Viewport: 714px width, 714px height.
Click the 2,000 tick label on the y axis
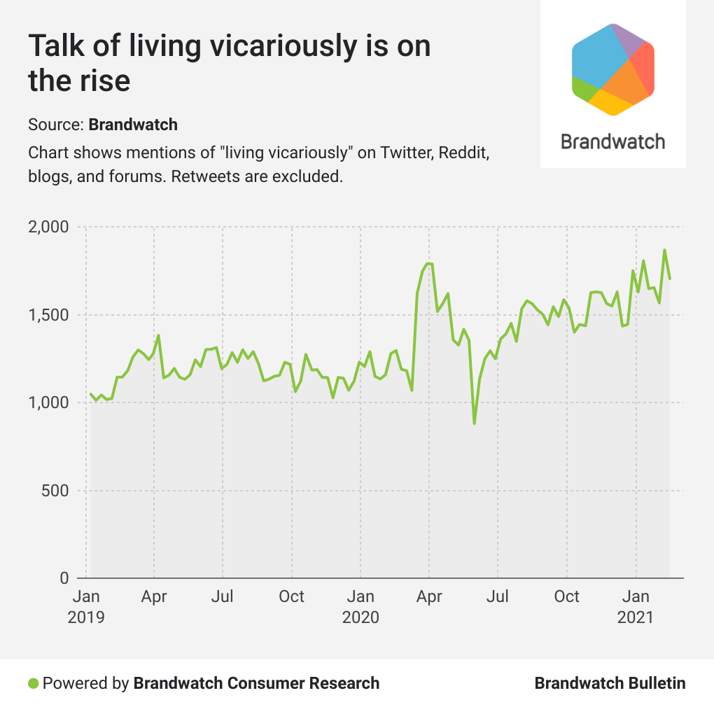48,227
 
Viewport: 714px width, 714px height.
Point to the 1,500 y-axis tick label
48,315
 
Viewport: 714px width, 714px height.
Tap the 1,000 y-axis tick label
48,402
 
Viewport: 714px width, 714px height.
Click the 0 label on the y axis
64,578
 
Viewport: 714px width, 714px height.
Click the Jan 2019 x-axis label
86,607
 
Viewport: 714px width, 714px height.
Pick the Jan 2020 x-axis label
360,607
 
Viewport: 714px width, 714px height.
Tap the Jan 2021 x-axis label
636,607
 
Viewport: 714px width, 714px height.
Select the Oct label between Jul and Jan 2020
291,596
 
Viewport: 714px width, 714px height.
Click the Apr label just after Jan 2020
429,596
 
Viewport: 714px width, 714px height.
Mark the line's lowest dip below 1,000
474,423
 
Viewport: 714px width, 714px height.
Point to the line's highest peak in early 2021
664,250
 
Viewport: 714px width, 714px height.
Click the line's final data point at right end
670,279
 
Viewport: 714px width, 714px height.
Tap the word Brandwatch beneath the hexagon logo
613,141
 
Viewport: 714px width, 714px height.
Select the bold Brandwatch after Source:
133,125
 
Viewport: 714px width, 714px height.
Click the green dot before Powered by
33,683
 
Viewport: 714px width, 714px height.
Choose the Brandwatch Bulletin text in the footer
610,683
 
